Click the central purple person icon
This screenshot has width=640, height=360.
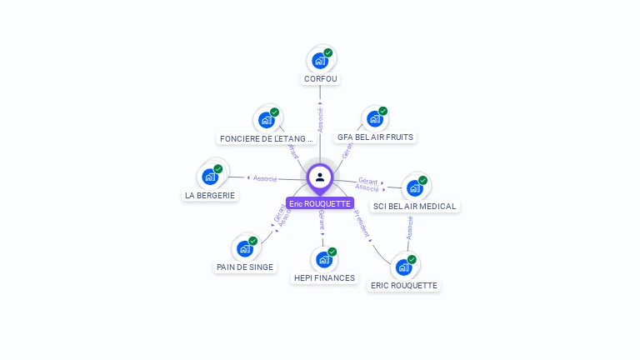pos(320,177)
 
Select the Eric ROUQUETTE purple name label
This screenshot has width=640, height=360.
pos(320,203)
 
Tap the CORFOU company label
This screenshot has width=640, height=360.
pos(322,78)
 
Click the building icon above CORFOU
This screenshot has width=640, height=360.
pos(320,60)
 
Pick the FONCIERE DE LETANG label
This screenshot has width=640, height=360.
pos(267,138)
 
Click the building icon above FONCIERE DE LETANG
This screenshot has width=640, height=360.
pos(267,120)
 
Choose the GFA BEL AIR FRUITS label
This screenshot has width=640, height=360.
pos(375,137)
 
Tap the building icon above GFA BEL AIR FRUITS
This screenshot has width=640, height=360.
pos(375,119)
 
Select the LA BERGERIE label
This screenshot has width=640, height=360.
pos(210,195)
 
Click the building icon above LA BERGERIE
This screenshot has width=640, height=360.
pos(210,177)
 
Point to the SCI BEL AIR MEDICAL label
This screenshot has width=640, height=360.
pos(416,206)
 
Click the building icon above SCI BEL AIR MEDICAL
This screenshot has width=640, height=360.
pos(415,187)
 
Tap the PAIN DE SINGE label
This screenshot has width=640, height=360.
pos(244,267)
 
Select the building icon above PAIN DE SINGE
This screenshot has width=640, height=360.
pos(245,248)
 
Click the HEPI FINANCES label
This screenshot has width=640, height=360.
pos(324,277)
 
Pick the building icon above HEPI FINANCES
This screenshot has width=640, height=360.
pos(324,260)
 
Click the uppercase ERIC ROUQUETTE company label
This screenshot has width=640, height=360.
pos(404,285)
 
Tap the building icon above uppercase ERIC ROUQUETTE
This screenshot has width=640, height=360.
pos(404,267)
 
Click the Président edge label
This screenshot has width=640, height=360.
pos(361,223)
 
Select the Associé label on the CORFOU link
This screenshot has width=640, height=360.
pos(320,119)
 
